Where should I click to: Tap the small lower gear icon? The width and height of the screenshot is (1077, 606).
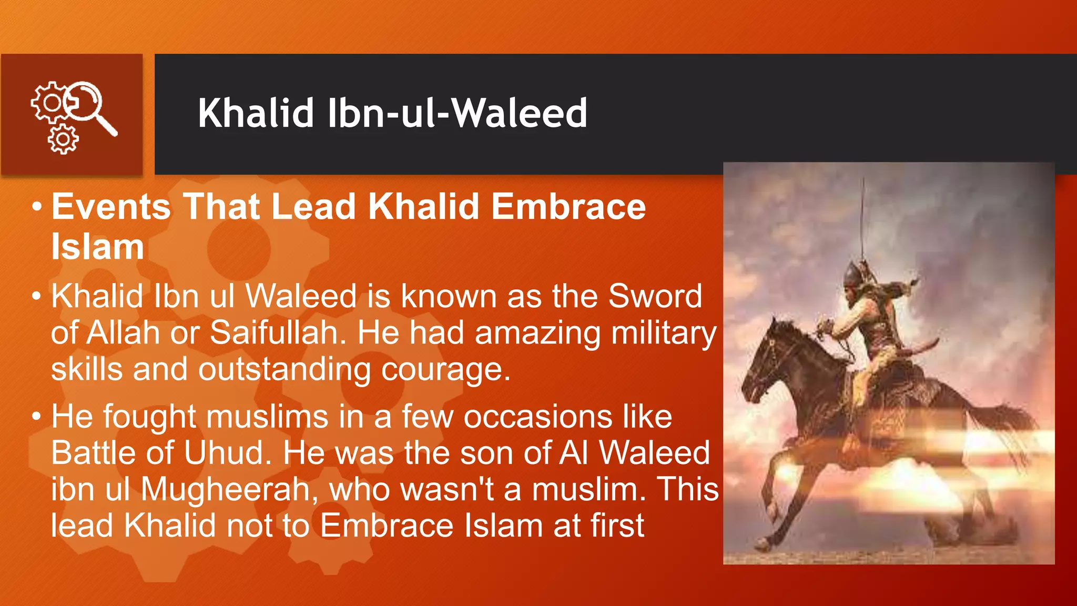click(x=63, y=139)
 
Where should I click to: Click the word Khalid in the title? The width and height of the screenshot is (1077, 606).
click(x=256, y=113)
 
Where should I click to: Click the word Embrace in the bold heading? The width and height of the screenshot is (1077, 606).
click(x=568, y=206)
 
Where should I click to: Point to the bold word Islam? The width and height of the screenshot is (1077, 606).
click(x=97, y=247)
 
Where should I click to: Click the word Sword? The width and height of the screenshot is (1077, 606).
click(x=655, y=296)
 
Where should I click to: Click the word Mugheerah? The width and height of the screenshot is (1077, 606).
click(x=229, y=489)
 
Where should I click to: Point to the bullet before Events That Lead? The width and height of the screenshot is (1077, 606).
click(x=36, y=206)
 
